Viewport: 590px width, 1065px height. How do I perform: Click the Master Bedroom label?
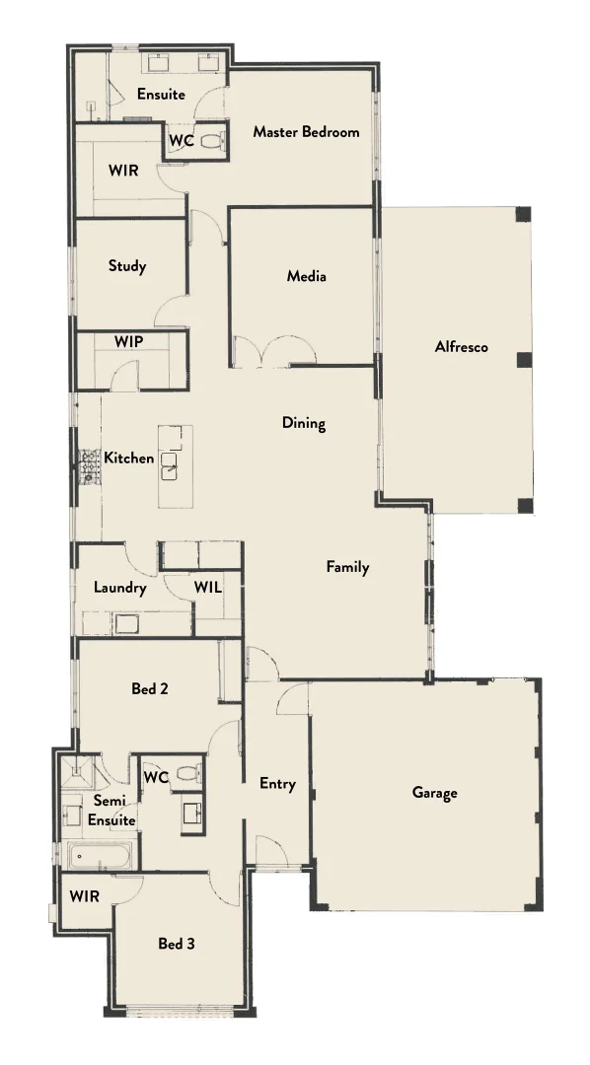(x=306, y=131)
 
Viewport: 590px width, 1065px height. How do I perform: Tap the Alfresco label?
(x=461, y=347)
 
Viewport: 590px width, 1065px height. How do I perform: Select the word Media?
(x=306, y=277)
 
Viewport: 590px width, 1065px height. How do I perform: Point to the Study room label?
(x=127, y=266)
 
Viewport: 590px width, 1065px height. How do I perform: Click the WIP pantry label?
(x=128, y=341)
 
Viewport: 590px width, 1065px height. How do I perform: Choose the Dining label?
(x=304, y=424)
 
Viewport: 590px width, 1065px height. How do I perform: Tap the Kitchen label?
(x=129, y=458)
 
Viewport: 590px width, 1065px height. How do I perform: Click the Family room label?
(x=347, y=567)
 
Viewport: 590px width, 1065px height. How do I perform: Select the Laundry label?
(x=120, y=589)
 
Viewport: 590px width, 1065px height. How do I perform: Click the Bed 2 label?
(x=150, y=689)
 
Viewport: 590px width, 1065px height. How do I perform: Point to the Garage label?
(x=435, y=793)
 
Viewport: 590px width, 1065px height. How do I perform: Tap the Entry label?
(x=277, y=784)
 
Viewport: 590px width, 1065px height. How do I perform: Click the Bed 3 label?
(x=177, y=944)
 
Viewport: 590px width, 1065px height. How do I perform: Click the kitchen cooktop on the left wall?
(x=87, y=467)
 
